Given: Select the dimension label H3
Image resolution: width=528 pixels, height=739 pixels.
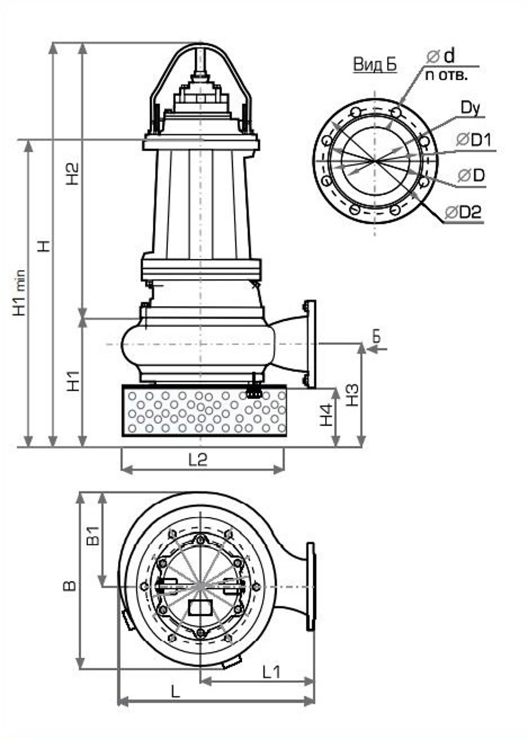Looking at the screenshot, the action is pos(353,395).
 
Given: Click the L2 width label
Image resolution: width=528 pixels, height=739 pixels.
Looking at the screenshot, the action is pos(198,460).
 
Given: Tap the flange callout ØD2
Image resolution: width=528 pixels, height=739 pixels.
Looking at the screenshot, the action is pos(463,213).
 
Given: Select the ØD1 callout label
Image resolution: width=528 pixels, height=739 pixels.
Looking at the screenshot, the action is pos(474,140).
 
